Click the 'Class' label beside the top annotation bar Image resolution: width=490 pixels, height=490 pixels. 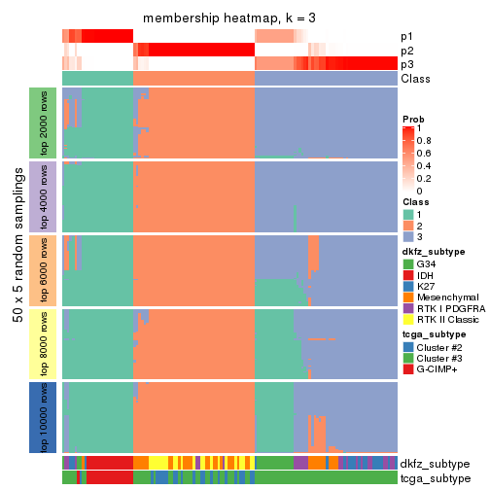point(415,79)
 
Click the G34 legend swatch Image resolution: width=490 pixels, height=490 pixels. point(408,263)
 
